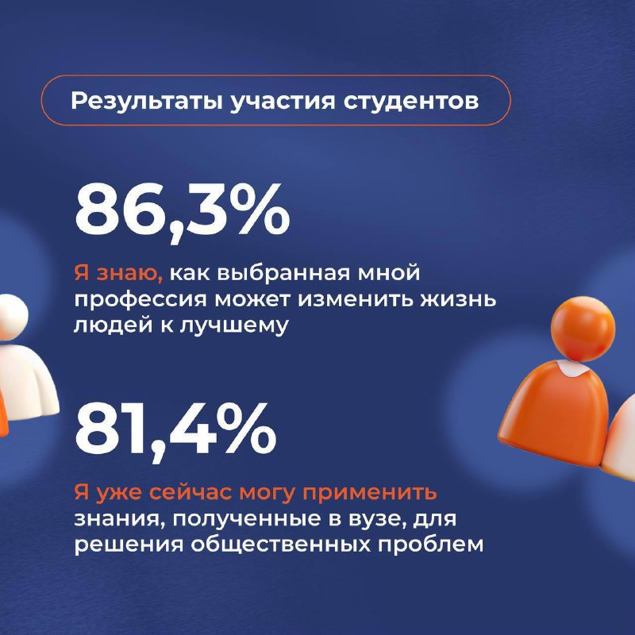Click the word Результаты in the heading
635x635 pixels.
click(x=147, y=102)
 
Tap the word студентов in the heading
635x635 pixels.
click(x=411, y=102)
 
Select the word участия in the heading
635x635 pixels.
click(x=283, y=102)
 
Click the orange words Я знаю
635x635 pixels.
click(x=118, y=274)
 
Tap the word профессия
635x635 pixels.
click(x=141, y=301)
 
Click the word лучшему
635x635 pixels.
click(x=233, y=326)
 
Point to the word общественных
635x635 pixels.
click(x=280, y=545)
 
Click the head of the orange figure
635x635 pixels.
click(x=583, y=329)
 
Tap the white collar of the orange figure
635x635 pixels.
click(x=571, y=366)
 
